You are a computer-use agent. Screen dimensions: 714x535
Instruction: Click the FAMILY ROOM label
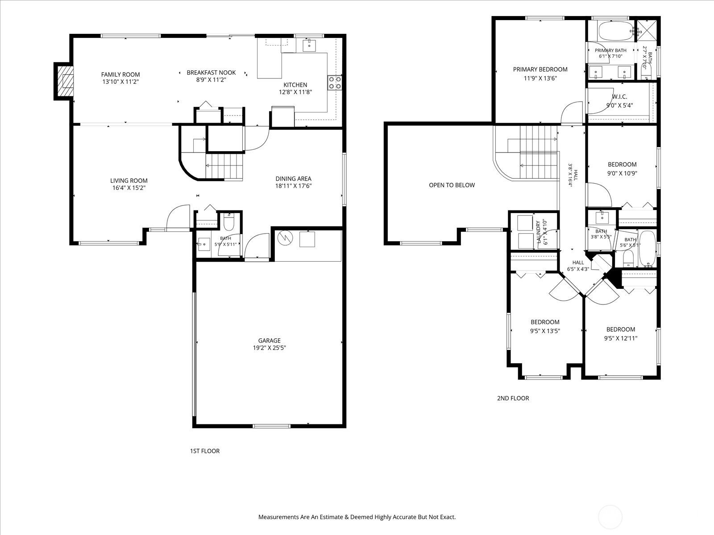click(x=120, y=74)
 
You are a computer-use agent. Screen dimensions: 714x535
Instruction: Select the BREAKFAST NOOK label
click(x=211, y=72)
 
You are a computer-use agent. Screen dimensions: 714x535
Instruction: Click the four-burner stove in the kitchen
click(x=334, y=82)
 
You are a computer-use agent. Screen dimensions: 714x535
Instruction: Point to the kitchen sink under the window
click(x=309, y=45)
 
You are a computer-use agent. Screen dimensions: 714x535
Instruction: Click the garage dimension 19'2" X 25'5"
click(x=270, y=348)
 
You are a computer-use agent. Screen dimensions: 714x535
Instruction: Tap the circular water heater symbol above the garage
click(x=285, y=238)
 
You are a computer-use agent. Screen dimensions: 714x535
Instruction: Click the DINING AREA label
click(x=293, y=179)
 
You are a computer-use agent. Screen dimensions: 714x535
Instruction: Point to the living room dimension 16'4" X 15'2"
click(x=129, y=188)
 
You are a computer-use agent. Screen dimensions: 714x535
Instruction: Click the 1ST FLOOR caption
click(x=204, y=451)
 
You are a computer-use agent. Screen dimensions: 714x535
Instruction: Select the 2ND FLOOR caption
click(x=513, y=398)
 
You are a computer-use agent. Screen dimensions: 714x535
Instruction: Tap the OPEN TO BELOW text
click(x=452, y=185)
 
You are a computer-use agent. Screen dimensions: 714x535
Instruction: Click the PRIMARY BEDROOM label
click(x=540, y=69)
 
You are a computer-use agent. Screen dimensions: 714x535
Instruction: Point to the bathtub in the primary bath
click(x=616, y=31)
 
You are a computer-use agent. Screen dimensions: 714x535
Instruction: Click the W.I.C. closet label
click(x=619, y=97)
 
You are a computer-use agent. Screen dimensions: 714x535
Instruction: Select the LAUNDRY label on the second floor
click(x=538, y=232)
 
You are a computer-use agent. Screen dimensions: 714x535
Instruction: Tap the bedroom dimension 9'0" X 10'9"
click(x=622, y=173)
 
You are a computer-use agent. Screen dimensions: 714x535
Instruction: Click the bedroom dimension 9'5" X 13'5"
click(x=545, y=331)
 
